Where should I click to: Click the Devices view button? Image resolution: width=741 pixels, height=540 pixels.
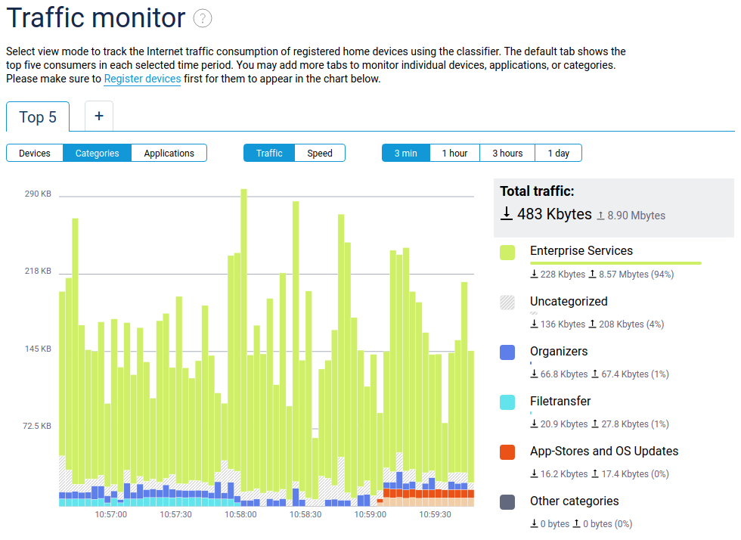35,153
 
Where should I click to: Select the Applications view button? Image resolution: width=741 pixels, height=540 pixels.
169,153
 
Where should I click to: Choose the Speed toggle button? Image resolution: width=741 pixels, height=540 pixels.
319,153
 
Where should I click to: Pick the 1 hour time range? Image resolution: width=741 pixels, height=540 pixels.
454,153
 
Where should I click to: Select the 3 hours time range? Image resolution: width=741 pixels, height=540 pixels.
507,153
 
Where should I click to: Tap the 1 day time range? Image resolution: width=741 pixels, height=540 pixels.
558,153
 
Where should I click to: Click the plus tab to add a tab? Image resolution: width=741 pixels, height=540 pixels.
99,116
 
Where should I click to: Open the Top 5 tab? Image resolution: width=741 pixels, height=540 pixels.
38,117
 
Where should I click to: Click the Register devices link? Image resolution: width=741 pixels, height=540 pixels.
142,79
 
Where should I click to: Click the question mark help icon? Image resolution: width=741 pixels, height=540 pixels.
202,19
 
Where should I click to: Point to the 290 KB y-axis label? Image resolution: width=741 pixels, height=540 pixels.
38,194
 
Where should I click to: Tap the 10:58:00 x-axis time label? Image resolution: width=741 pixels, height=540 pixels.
240,514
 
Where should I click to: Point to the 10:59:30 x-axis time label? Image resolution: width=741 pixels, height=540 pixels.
435,514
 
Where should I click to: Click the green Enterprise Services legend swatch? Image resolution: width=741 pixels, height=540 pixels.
507,252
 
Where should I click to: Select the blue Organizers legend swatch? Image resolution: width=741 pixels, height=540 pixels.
507,352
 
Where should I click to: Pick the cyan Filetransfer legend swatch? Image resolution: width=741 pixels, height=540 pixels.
507,402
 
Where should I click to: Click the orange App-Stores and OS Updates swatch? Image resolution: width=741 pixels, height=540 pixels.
507,452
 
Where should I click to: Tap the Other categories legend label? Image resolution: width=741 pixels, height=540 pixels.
574,501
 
